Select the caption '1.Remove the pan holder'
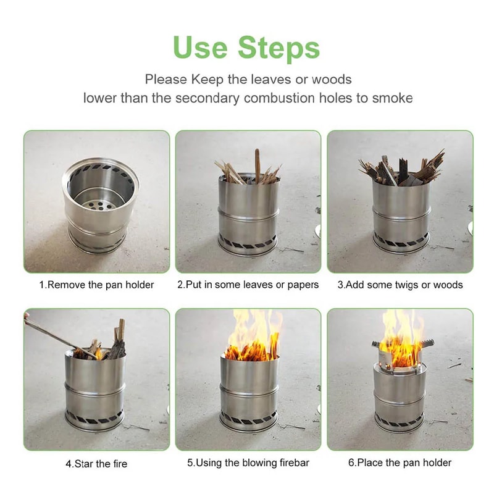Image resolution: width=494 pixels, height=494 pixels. pos(97,285)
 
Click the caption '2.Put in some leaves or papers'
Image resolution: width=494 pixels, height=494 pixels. pos(248,285)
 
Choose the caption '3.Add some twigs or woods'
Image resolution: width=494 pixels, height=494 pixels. pos(400,285)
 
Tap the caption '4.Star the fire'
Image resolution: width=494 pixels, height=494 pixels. pos(97,463)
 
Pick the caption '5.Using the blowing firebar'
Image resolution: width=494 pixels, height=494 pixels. pos(248,463)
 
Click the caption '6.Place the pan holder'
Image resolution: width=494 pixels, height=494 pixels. pos(400,463)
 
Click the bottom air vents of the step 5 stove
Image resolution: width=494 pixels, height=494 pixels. pos(249,419)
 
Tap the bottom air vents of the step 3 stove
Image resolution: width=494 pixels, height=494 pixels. pos(400,241)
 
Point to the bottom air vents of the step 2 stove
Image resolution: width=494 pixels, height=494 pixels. pos(248,241)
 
